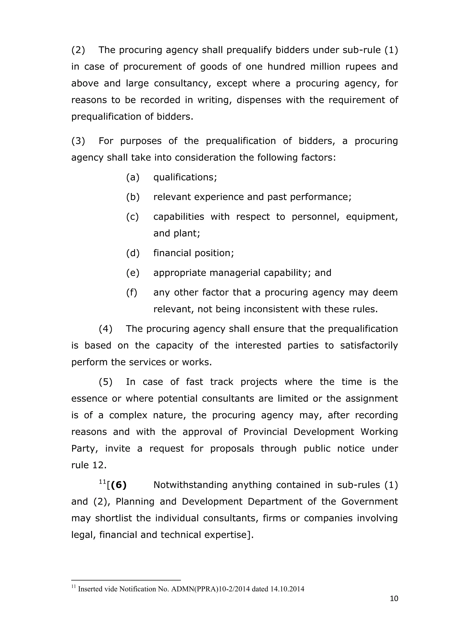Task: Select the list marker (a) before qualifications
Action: coord(132,177)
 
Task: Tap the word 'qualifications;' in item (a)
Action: coord(185,177)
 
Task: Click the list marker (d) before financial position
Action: coord(132,253)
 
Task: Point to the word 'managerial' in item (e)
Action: coord(235,273)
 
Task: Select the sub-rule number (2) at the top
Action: coord(78,50)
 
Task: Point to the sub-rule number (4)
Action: coord(106,329)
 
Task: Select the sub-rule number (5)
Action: coord(106,382)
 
